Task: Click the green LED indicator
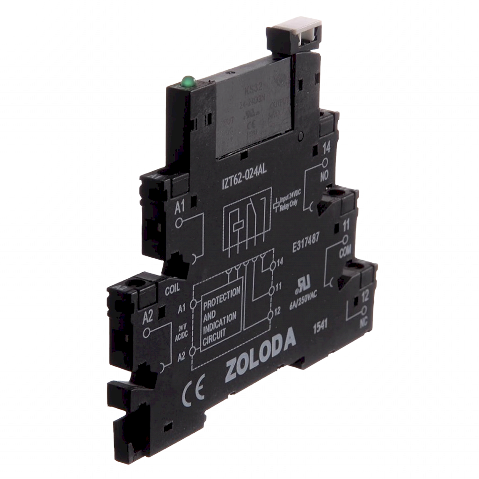pos(189,83)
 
